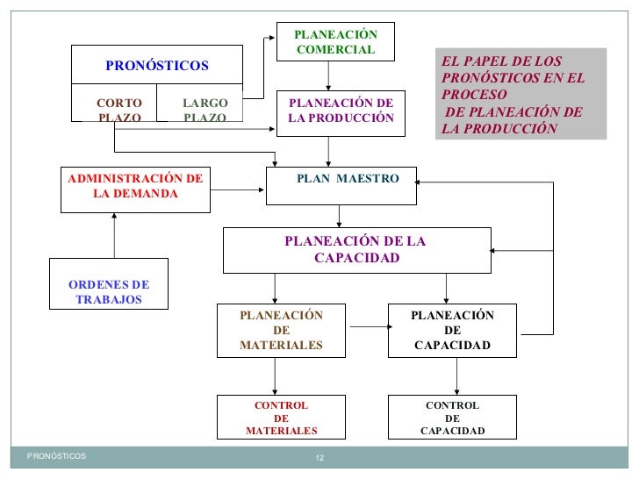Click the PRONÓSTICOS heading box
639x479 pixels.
[x=157, y=66]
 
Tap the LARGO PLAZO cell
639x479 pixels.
[x=205, y=110]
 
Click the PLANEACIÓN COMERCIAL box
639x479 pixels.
[x=335, y=41]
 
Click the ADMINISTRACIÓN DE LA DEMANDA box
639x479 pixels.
[x=135, y=189]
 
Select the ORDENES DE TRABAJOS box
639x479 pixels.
[x=109, y=284]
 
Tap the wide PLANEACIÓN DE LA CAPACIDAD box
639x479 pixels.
[x=355, y=250]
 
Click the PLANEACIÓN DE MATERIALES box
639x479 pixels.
[x=281, y=331]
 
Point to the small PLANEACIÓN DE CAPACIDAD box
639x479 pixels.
[x=452, y=331]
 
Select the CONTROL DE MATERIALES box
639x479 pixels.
[x=281, y=418]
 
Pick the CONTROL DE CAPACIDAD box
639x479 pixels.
[x=452, y=418]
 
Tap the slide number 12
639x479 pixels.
[x=319, y=459]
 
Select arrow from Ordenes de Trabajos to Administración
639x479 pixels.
[x=114, y=236]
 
